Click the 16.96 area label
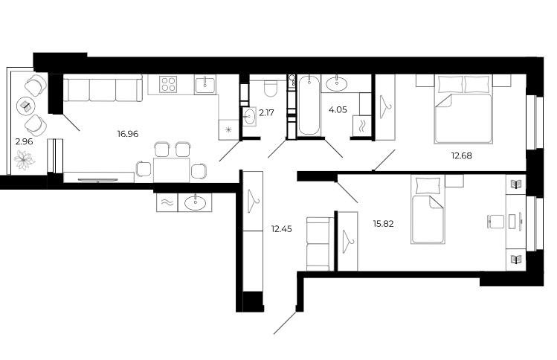[127, 134]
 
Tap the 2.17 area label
[266, 113]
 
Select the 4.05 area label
[338, 110]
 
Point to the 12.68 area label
[462, 155]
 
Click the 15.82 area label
[383, 224]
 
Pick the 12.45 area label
[282, 229]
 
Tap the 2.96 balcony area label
[24, 141]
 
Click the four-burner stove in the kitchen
[168, 85]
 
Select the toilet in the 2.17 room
[271, 89]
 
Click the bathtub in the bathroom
[309, 105]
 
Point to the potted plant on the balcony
[25, 160]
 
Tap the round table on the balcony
[25, 105]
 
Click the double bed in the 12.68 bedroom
[463, 109]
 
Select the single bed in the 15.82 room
[428, 209]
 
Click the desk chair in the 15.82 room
[495, 222]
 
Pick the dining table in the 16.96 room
[171, 170]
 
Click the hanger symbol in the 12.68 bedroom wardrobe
[385, 106]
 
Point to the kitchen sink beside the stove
[205, 86]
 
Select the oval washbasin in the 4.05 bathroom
[337, 84]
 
